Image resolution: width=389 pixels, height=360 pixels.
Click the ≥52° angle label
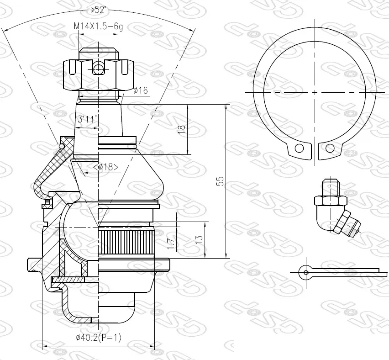98,10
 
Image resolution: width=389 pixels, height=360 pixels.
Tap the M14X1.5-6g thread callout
98,26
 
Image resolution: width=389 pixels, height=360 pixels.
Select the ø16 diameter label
141,90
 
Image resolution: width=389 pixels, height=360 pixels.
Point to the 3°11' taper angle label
87,119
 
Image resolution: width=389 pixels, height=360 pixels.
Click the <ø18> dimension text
105,167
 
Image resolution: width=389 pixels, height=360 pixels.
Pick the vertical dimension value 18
182,129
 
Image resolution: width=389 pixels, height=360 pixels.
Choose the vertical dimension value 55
220,181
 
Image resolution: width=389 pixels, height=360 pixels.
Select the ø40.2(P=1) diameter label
99,337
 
